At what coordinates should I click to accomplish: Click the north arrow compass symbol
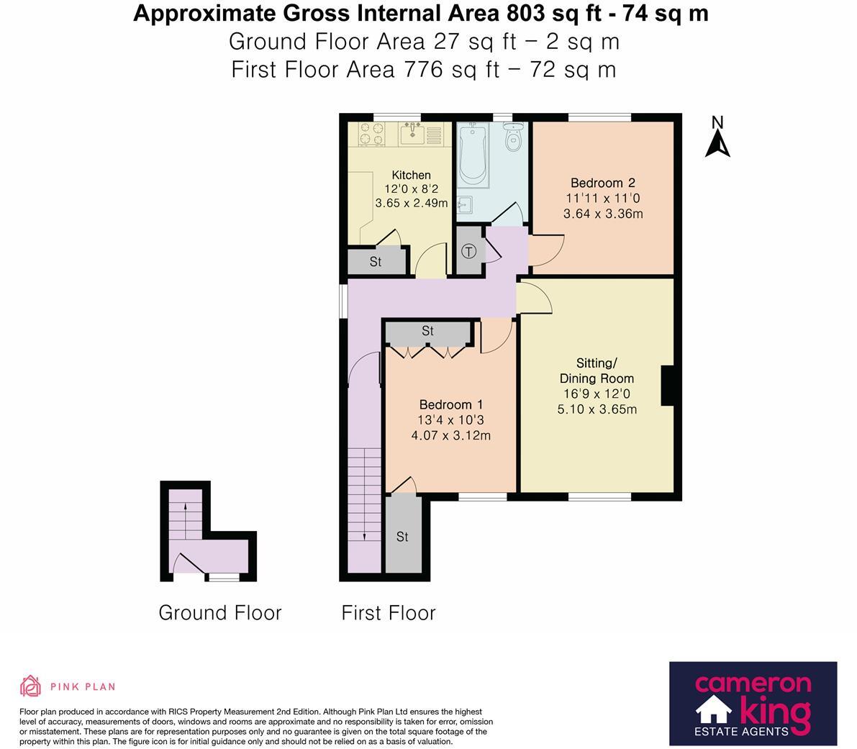point(717,138)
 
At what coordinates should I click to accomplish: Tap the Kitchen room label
point(411,175)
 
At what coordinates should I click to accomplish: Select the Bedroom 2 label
point(602,183)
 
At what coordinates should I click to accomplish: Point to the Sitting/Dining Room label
point(597,371)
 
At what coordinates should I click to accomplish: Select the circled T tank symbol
point(468,252)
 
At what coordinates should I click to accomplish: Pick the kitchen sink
point(412,133)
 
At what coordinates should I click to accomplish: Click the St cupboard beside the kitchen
point(375,262)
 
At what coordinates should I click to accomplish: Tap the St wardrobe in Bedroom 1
point(428,332)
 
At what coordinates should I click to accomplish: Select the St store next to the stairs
point(402,537)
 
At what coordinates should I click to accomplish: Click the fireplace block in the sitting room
point(667,386)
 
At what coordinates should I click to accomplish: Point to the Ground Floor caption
point(219,613)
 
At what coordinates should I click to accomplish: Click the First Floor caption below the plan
point(389,613)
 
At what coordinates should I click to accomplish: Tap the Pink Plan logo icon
point(30,687)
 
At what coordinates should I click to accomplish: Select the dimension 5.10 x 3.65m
point(597,410)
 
